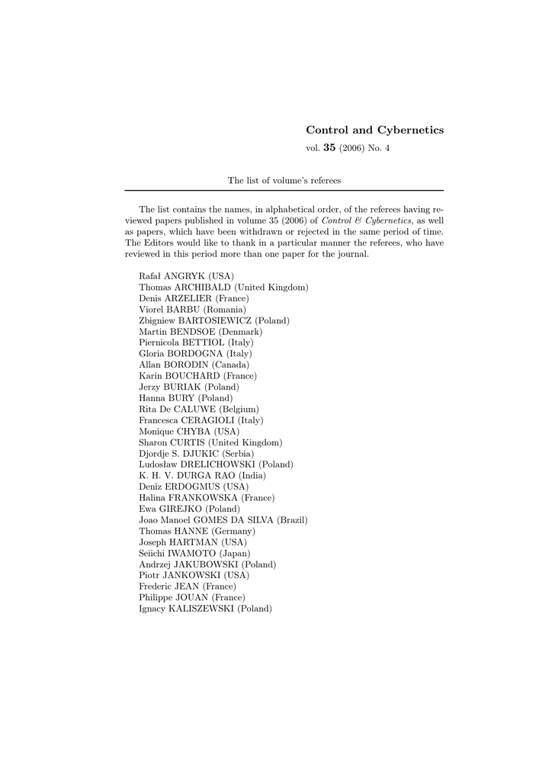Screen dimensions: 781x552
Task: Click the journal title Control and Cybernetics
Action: (x=374, y=130)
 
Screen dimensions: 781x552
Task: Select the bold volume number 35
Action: (x=329, y=148)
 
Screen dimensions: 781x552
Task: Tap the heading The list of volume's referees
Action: (x=284, y=181)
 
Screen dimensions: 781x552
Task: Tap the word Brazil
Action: (x=291, y=519)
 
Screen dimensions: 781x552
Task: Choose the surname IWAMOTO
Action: (x=193, y=553)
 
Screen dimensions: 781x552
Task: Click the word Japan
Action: (x=235, y=553)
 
